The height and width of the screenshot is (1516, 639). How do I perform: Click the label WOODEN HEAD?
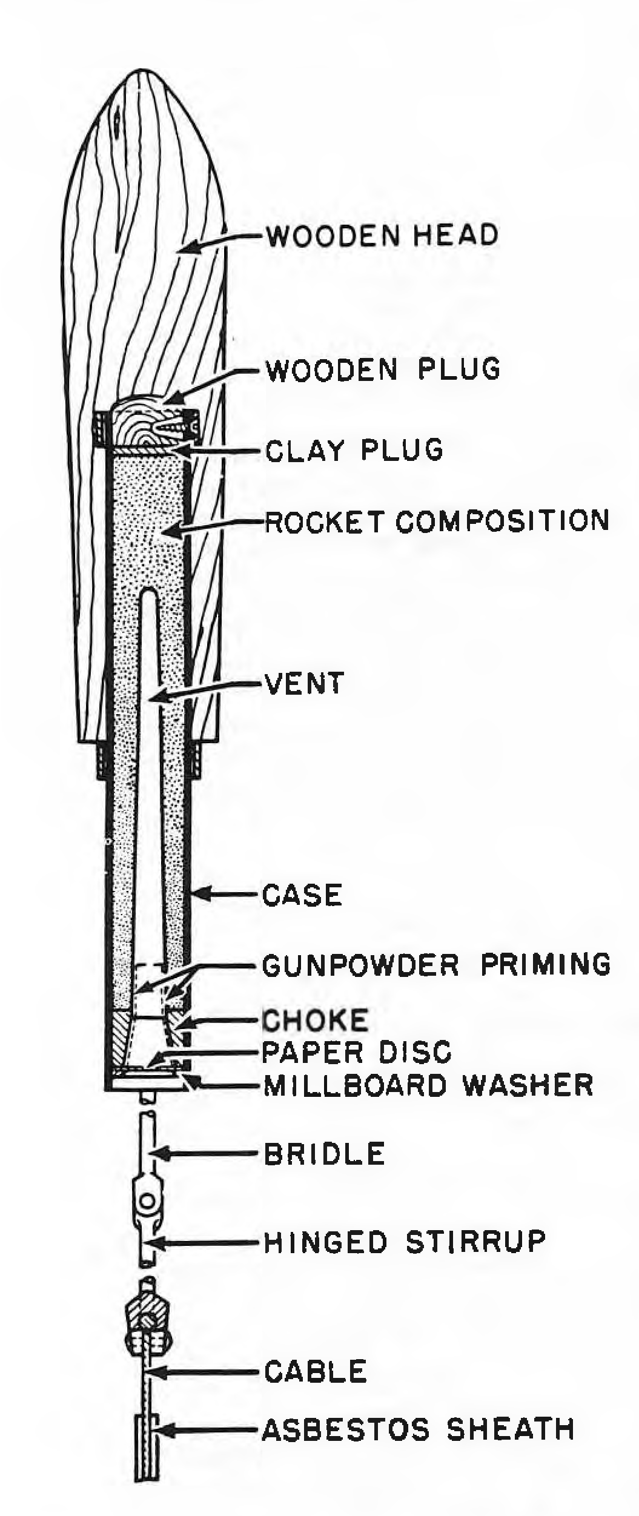click(x=382, y=235)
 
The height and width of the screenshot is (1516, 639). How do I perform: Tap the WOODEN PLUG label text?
click(x=383, y=369)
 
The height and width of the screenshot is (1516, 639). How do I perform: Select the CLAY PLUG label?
click(x=354, y=450)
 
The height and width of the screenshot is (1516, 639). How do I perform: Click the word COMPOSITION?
click(x=502, y=521)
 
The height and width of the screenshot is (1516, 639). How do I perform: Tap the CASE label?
click(x=302, y=895)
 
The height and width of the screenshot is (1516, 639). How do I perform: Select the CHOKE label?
click(x=315, y=1021)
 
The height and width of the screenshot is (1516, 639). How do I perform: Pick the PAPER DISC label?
click(x=357, y=1053)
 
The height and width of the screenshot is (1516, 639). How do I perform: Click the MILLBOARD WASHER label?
click(x=428, y=1085)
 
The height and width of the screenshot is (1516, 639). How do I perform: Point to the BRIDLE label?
click(x=325, y=1154)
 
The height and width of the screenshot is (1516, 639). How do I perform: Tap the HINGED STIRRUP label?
click(x=405, y=1242)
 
